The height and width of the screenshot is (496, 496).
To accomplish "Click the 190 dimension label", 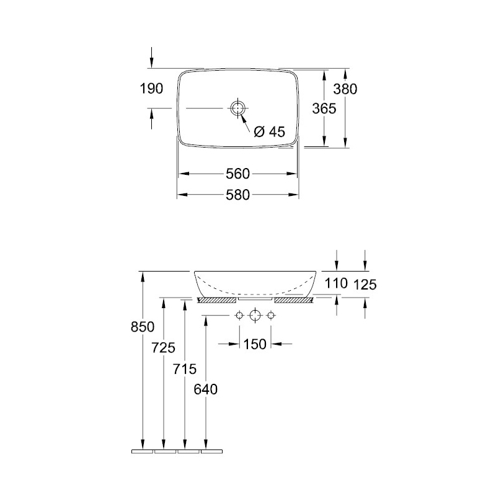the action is pyautogui.click(x=151, y=89).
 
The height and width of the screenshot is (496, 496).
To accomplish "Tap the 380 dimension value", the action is pyautogui.click(x=345, y=89).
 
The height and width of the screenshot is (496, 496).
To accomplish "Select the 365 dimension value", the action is pyautogui.click(x=324, y=109).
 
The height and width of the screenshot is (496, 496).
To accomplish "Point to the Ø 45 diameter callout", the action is pyautogui.click(x=270, y=131).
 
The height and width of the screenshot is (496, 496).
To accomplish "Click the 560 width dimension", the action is pyautogui.click(x=238, y=174).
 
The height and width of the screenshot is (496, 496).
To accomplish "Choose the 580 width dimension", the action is pyautogui.click(x=238, y=195).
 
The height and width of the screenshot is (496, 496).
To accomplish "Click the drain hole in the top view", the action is pyautogui.click(x=237, y=108).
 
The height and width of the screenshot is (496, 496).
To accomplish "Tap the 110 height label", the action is pyautogui.click(x=336, y=283).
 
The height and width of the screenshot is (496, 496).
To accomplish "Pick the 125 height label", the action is pyautogui.click(x=365, y=285).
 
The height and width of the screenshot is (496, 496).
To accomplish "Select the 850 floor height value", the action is pyautogui.click(x=143, y=327).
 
